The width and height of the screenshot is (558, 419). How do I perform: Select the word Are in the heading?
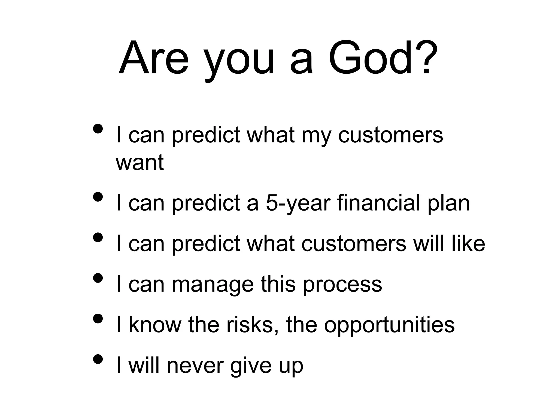[153, 58]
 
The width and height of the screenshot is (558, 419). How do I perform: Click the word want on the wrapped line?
[139, 163]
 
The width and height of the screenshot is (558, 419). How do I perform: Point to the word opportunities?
[389, 325]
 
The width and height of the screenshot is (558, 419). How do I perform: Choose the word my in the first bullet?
[316, 136]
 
